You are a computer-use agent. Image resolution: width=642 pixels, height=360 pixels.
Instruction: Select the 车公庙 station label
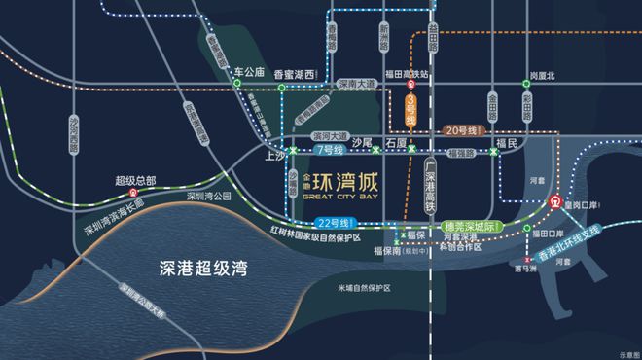tap(250, 72)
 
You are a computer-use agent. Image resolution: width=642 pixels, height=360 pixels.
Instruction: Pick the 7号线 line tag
tap(333, 151)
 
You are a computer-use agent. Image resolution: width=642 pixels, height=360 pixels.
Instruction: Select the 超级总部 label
tap(135, 180)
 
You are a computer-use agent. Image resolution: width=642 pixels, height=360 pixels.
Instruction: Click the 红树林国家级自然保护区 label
tap(323, 236)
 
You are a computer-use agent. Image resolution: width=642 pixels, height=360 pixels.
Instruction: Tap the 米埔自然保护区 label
tap(364, 288)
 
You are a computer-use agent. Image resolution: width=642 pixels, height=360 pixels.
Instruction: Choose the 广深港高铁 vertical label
tap(429, 190)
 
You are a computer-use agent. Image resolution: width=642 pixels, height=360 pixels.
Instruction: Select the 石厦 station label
tap(395, 141)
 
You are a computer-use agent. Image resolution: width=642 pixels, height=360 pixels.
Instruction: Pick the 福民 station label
tap(504, 143)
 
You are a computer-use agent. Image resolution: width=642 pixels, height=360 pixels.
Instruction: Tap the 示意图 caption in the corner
tap(623, 352)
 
